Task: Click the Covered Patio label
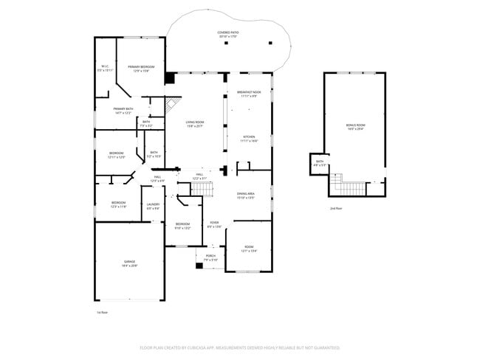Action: tap(227, 35)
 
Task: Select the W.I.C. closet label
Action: tap(105, 69)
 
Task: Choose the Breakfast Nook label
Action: tap(247, 94)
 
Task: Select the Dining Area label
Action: tap(246, 195)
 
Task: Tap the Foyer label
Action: tap(213, 224)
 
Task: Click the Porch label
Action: tap(210, 258)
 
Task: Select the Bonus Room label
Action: tap(356, 127)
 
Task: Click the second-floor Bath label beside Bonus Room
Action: tap(319, 163)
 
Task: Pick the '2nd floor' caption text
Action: tap(336, 209)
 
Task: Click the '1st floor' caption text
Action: tap(102, 313)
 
